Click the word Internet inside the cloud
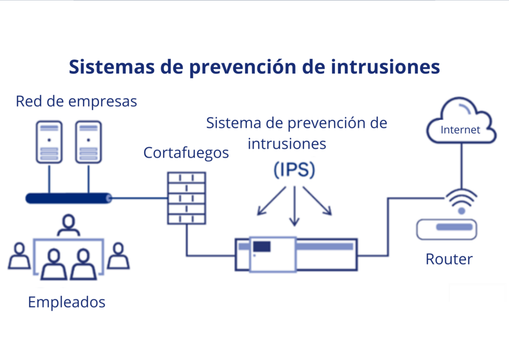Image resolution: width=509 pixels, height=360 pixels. click(460, 130)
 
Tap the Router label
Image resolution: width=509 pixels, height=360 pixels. click(449, 259)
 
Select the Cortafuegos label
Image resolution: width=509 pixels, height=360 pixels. click(186, 153)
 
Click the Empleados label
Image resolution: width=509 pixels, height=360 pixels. click(67, 302)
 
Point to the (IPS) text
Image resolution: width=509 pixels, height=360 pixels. click(294, 170)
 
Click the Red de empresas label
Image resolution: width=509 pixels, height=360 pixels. click(76, 101)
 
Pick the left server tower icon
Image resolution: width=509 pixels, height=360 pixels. click(49, 142)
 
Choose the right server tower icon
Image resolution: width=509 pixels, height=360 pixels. click(88, 142)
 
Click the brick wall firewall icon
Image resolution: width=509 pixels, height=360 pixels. click(187, 198)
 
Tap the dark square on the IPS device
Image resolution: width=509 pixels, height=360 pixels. click(261, 247)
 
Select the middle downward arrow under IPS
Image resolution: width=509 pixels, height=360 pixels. click(294, 206)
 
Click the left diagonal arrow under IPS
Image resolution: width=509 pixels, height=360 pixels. click(271, 201)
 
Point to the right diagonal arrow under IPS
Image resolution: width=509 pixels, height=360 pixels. click(318, 201)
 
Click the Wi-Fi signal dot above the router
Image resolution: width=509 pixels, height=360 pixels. click(461, 211)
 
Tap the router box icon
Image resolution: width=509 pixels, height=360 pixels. click(447, 230)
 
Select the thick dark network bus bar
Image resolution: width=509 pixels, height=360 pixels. click(69, 198)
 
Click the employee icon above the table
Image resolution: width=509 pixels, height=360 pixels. click(69, 225)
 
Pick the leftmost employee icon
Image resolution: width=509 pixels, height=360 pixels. click(19, 256)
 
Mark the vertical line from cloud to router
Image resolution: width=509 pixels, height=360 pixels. click(462, 166)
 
